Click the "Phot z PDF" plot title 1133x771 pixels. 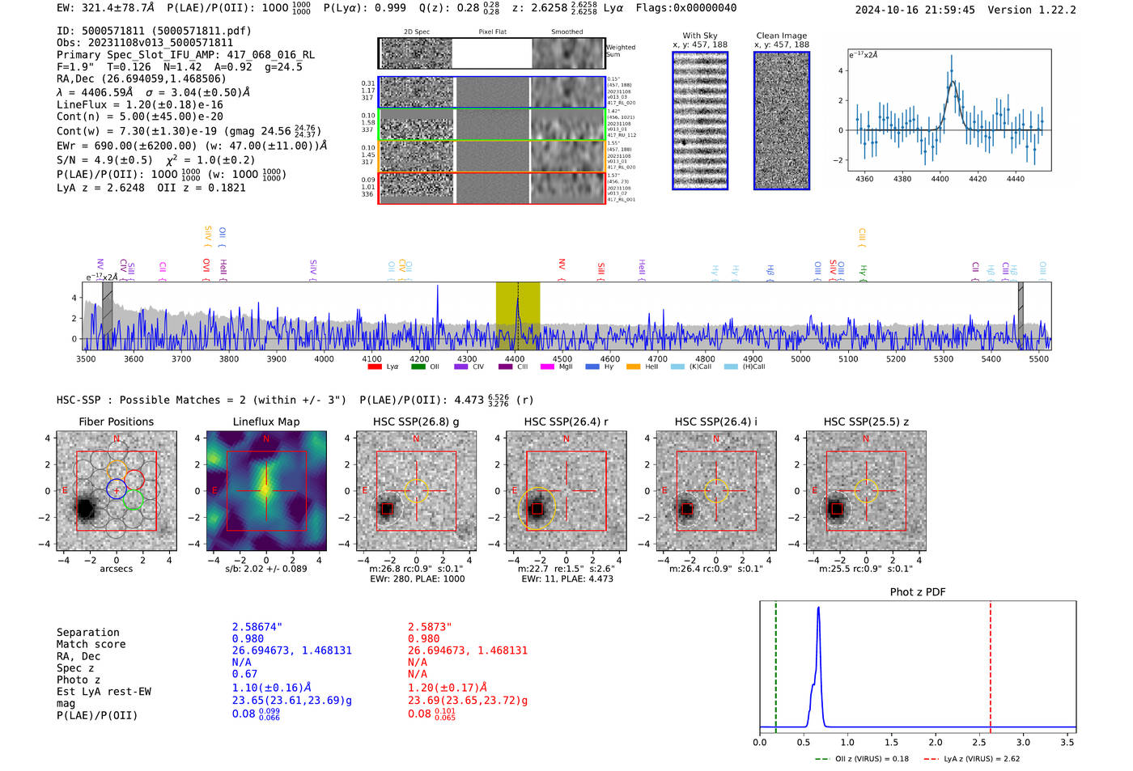[x=918, y=592]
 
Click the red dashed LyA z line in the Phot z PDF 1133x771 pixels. [x=990, y=663]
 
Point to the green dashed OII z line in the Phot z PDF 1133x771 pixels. [x=775, y=663]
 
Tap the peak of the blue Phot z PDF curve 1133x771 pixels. [x=818, y=608]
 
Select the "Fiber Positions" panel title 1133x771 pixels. [x=116, y=422]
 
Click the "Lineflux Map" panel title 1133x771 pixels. [x=265, y=422]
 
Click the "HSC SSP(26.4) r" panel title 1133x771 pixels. [x=566, y=422]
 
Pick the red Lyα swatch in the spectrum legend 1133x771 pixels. [x=375, y=367]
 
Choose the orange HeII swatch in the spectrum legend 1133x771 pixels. [x=633, y=367]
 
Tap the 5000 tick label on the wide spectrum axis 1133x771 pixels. [x=800, y=359]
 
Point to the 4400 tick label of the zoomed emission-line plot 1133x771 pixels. [x=940, y=179]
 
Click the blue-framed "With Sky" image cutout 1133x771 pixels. [x=700, y=121]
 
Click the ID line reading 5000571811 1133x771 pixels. [x=154, y=31]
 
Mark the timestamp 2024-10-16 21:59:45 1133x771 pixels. [x=914, y=10]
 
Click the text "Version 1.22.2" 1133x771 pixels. [x=1032, y=10]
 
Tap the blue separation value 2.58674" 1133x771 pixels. [x=257, y=627]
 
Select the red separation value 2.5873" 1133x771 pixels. [x=430, y=627]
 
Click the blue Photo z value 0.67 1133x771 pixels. [x=244, y=674]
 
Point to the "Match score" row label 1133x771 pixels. [x=91, y=644]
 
